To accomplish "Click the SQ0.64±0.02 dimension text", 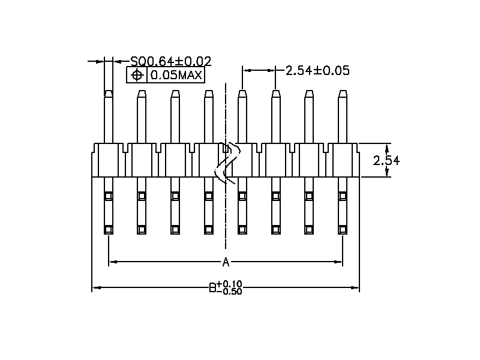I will (x=170, y=61).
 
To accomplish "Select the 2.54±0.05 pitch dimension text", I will (x=317, y=70).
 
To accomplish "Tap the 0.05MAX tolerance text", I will (x=176, y=75).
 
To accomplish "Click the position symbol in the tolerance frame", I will (x=137, y=75).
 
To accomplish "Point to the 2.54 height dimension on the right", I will (x=386, y=160).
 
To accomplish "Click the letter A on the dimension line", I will (x=226, y=262).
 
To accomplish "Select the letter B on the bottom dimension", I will (x=212, y=288).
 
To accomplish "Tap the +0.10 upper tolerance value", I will (x=229, y=284).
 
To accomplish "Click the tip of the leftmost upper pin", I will (x=109, y=93).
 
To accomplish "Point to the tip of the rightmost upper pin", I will (x=343, y=93).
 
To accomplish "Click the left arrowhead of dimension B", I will (x=95, y=288).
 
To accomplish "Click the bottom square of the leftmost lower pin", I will (x=109, y=229).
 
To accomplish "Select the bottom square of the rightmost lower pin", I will (x=343, y=229).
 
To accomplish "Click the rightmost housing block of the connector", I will (x=343, y=160).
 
